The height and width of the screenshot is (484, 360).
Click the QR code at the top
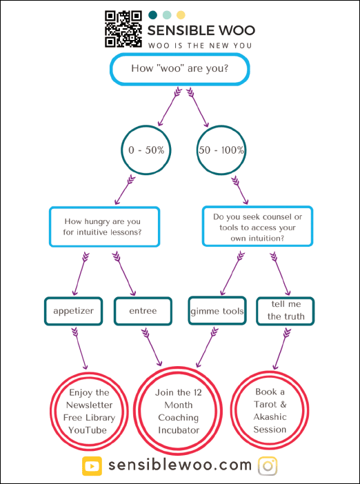123,29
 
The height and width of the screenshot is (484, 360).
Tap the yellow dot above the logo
181,14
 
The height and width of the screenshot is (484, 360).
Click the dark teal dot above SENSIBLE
152,14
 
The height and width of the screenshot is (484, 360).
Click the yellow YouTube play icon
92,466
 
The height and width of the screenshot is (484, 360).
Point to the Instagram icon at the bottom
268,466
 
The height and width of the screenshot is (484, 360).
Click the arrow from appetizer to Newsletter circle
80,349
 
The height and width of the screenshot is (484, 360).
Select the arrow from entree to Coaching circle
152,347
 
